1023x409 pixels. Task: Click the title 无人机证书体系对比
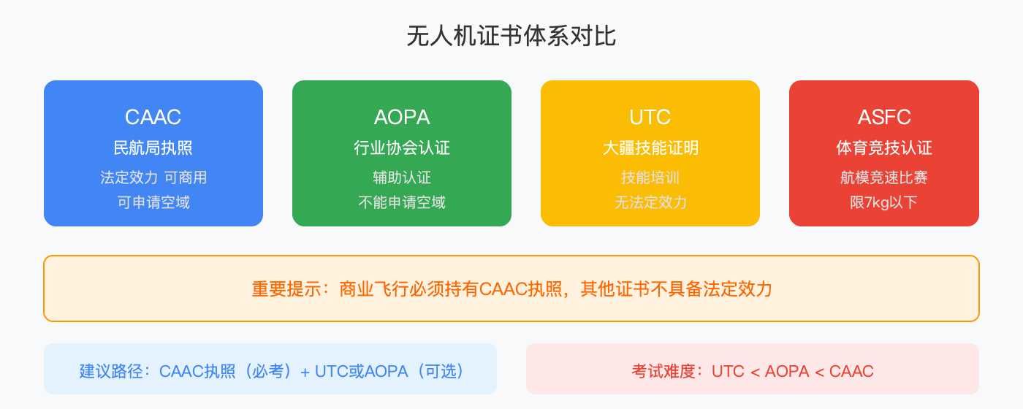click(512, 37)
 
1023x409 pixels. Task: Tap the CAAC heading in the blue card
click(153, 117)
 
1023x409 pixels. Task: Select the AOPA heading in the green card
click(402, 117)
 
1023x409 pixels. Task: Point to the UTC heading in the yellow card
click(650, 117)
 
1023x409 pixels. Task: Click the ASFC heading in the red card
click(884, 117)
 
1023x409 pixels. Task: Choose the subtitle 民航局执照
click(153, 148)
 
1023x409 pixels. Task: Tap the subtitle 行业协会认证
click(402, 148)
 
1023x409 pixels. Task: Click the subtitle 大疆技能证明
click(650, 148)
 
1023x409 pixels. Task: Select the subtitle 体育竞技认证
click(884, 148)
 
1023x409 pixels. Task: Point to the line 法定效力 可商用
click(153, 177)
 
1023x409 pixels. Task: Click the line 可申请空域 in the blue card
click(153, 202)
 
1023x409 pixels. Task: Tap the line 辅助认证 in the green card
click(402, 177)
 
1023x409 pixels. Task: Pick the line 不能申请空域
click(402, 202)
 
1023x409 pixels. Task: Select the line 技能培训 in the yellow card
click(650, 177)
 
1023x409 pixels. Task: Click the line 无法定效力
click(650, 202)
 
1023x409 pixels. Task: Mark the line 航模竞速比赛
click(884, 177)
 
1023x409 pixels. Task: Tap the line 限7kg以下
click(884, 202)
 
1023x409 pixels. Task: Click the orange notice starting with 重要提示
click(512, 289)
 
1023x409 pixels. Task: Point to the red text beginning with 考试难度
click(753, 371)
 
